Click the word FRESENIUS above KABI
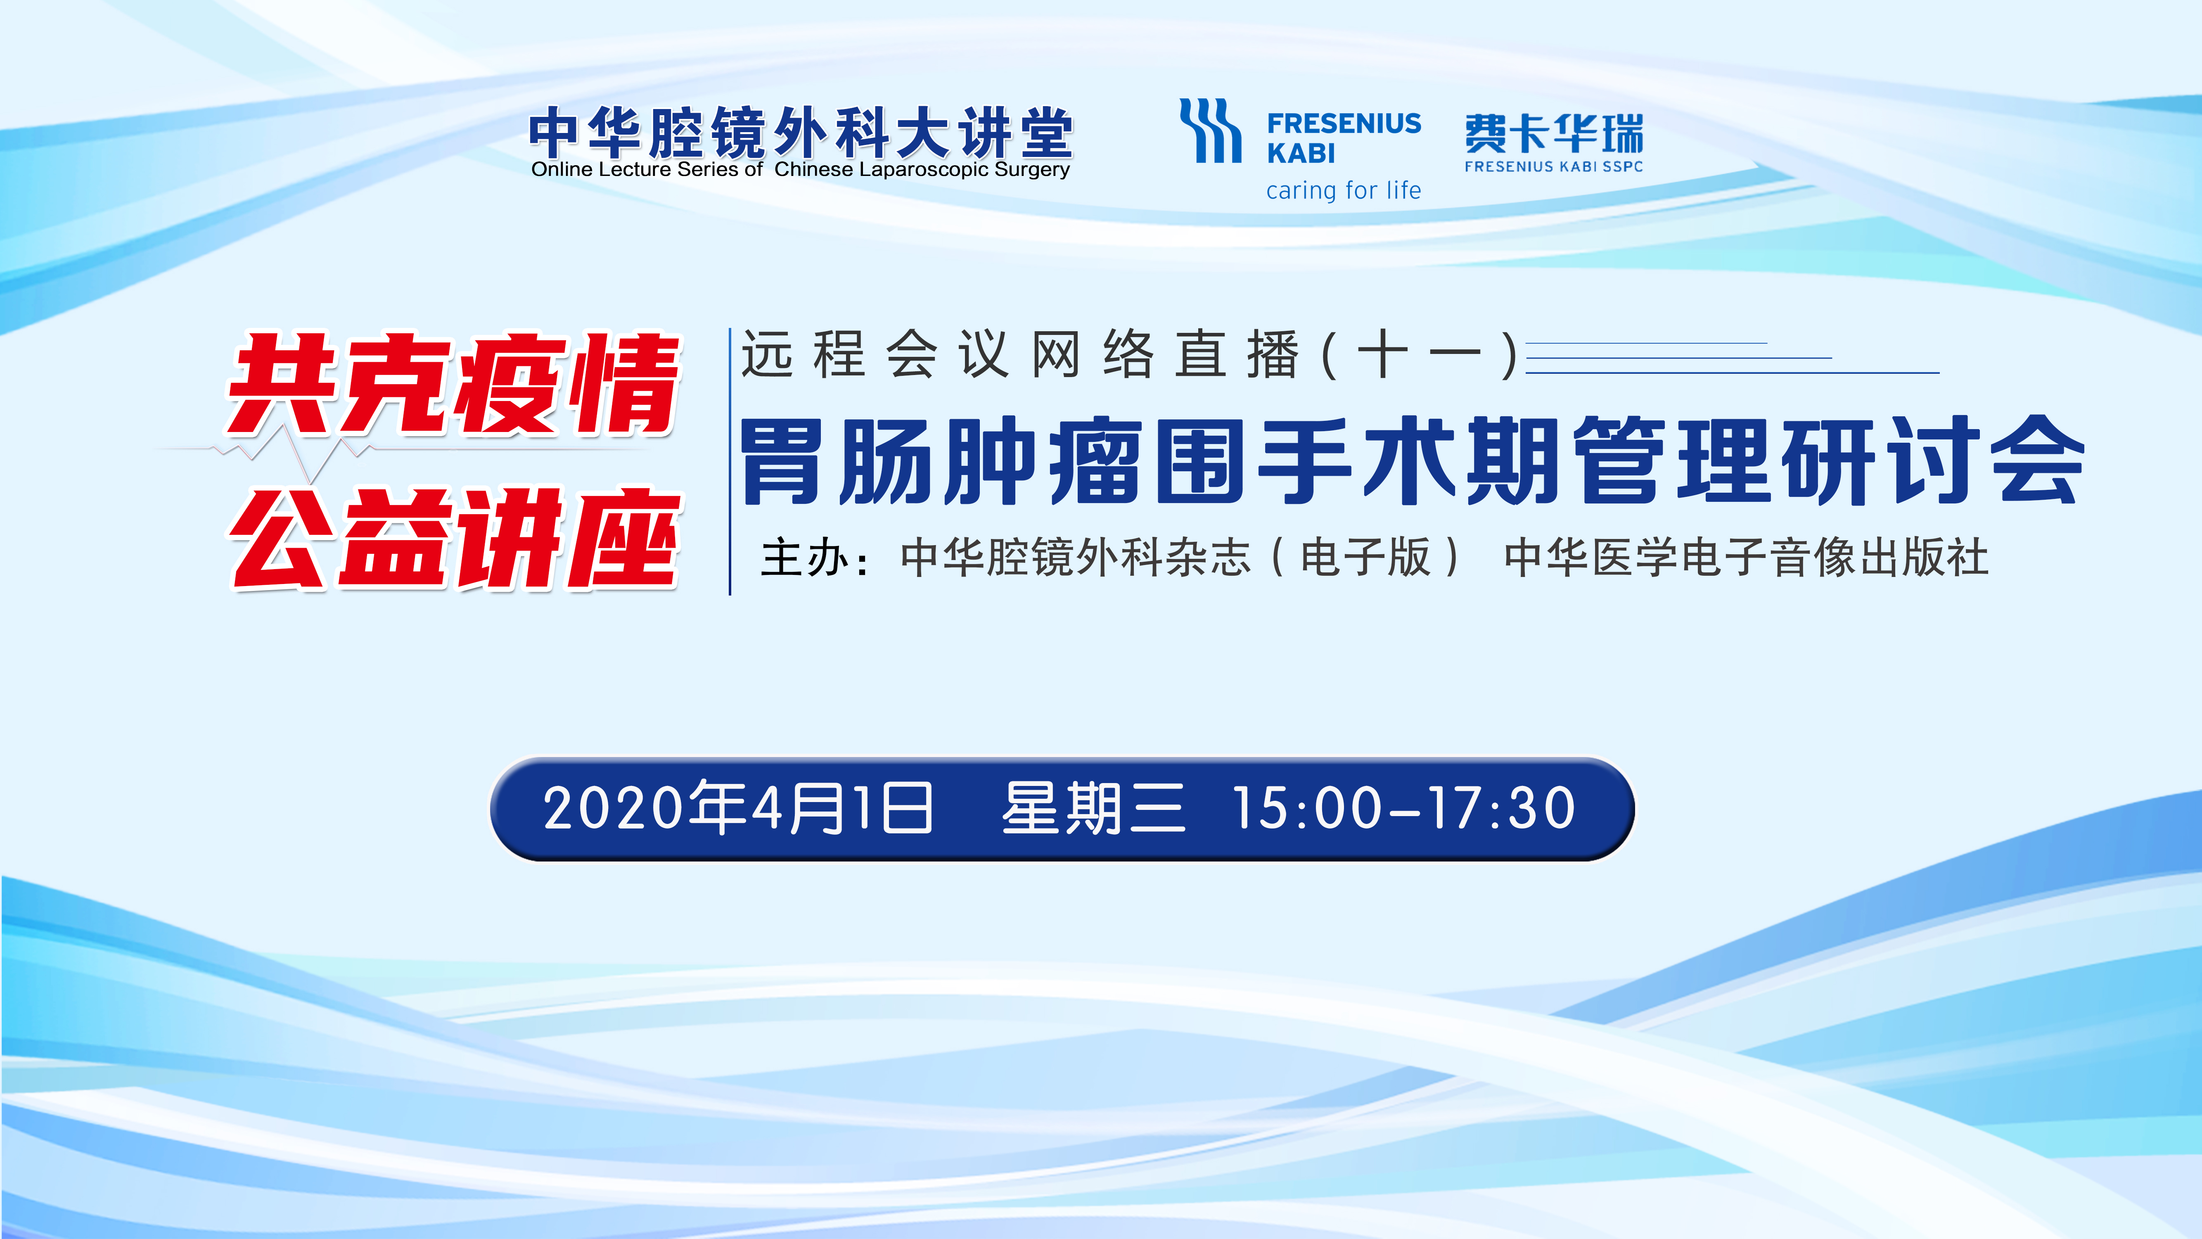(x=1344, y=124)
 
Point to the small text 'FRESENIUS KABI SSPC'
(x=1553, y=167)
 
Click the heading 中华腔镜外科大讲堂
(x=801, y=133)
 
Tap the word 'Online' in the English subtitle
(x=562, y=169)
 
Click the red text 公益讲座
(x=455, y=539)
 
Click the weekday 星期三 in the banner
(x=1094, y=808)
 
